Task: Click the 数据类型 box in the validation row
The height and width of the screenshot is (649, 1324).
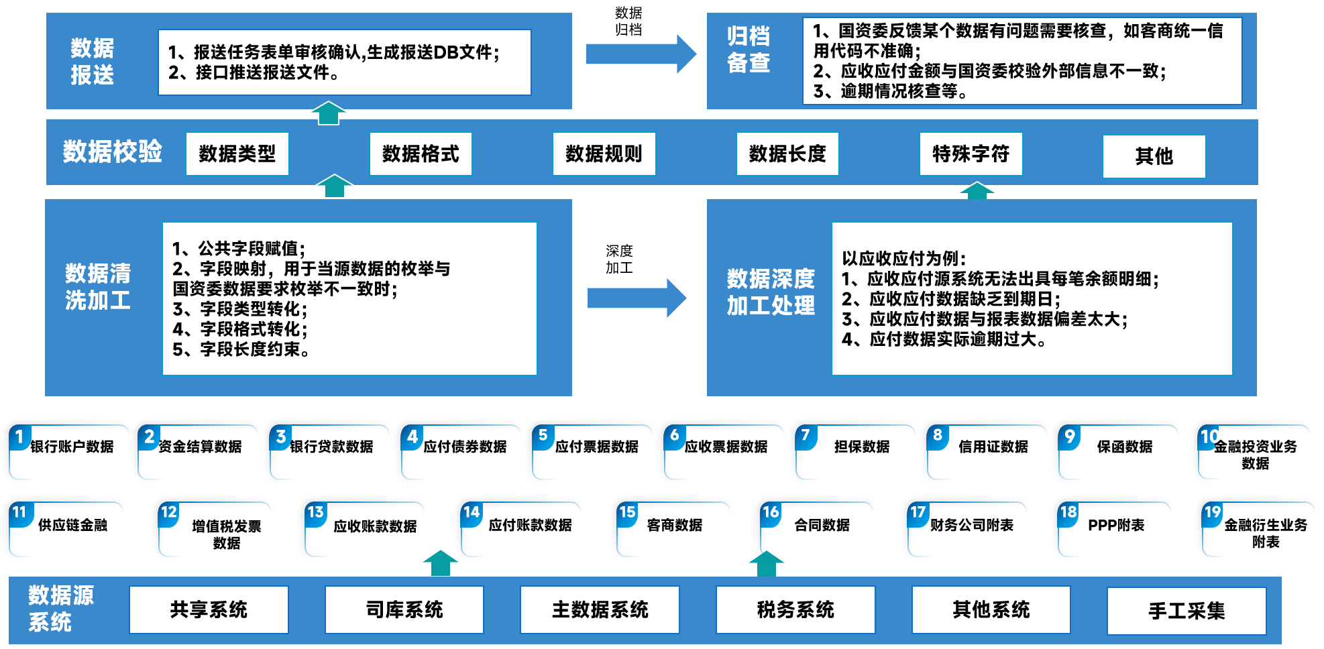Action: [237, 154]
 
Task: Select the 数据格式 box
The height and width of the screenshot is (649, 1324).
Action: [421, 154]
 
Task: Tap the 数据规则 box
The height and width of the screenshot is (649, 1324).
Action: [604, 154]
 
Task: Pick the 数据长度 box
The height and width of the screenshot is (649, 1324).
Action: [787, 154]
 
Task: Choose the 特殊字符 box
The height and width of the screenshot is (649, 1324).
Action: [971, 154]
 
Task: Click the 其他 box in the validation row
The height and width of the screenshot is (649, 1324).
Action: [1154, 156]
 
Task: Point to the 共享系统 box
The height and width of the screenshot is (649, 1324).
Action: [209, 609]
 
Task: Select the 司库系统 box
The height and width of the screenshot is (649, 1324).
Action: [404, 609]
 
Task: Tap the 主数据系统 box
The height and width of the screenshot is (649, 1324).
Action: [600, 609]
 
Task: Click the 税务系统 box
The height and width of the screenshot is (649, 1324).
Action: [795, 609]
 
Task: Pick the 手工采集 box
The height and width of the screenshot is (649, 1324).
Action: [1187, 611]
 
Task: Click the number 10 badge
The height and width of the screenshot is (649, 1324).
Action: [1210, 437]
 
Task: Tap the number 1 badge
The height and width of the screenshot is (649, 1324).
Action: [20, 437]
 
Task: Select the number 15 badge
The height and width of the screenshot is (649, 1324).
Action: [627, 513]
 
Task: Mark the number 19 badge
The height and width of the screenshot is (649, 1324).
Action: [1213, 513]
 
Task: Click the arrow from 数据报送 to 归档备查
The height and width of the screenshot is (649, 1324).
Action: [641, 54]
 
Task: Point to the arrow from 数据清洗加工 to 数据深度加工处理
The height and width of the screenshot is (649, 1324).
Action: [637, 298]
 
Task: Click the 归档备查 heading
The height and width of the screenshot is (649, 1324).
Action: [749, 50]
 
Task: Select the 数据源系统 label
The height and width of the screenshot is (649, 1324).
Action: [60, 608]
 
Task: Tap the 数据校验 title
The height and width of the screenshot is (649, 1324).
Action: [113, 152]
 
